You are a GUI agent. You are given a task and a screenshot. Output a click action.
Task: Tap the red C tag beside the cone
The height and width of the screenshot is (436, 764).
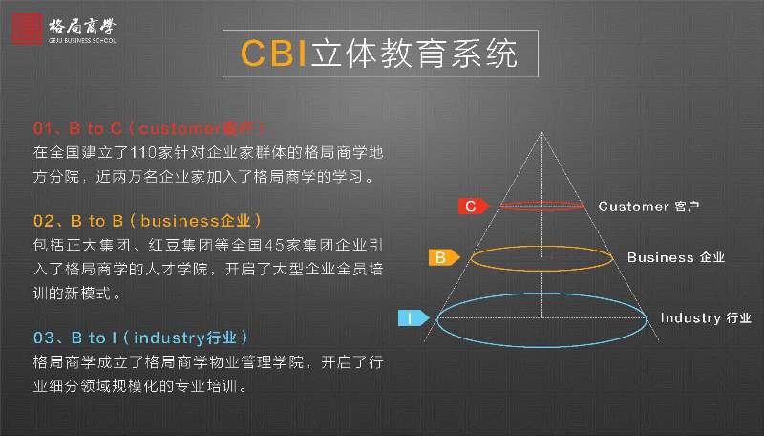(472, 206)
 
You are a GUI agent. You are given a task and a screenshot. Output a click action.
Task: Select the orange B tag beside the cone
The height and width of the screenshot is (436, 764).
(442, 257)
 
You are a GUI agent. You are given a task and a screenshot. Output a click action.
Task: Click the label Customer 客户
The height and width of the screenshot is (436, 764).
(649, 207)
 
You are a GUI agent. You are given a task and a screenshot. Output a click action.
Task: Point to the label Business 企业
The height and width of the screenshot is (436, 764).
(676, 257)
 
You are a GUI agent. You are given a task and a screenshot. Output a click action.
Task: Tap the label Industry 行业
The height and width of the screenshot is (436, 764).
(706, 318)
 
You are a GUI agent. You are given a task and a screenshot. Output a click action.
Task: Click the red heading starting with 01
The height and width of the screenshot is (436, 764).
(148, 129)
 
